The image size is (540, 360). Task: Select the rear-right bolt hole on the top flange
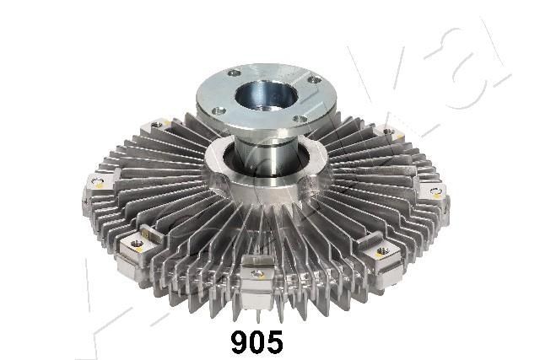(313, 80)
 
